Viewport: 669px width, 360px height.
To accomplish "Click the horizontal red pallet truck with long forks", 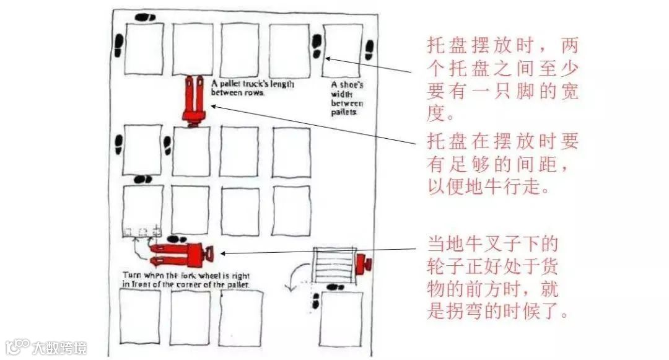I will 180,253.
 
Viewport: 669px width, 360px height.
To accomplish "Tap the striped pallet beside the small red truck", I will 335,265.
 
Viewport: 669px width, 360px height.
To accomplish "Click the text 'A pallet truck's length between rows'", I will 252,87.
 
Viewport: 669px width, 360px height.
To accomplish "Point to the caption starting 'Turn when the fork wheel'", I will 186,279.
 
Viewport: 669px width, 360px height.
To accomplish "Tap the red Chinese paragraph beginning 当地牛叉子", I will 502,275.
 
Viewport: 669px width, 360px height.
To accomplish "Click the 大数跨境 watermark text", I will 61,347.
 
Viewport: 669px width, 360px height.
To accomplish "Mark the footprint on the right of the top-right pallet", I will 369,50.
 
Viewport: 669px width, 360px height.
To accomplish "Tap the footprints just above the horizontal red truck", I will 178,239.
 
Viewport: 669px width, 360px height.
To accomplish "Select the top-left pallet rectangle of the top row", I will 144,48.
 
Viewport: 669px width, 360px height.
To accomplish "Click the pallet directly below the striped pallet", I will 341,318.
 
